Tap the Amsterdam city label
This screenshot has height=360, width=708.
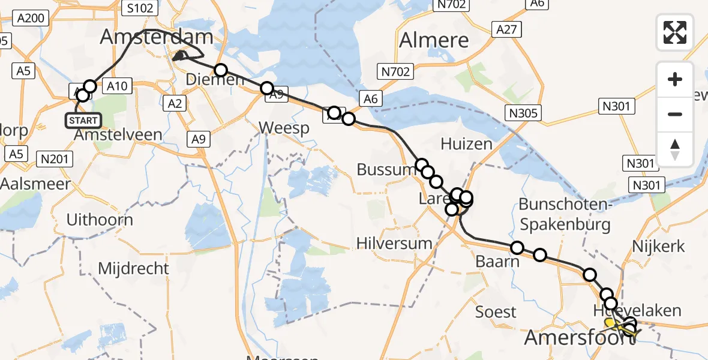[x=157, y=37]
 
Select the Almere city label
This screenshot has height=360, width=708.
[x=434, y=40]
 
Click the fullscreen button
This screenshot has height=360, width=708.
[x=675, y=32]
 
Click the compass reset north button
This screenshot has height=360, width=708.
[x=675, y=149]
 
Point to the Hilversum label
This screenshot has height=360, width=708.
[x=394, y=243]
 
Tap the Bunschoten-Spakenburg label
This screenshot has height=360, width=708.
[x=565, y=214]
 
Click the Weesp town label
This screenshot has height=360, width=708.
[x=284, y=128]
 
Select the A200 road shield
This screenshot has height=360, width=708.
[x=31, y=18]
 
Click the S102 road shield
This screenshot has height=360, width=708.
[x=139, y=8]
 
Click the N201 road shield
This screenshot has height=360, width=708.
[x=55, y=159]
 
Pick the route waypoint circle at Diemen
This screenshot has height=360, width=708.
[x=221, y=70]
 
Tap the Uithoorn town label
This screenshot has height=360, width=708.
[x=100, y=219]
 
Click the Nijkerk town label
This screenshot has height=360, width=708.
[x=658, y=245]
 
